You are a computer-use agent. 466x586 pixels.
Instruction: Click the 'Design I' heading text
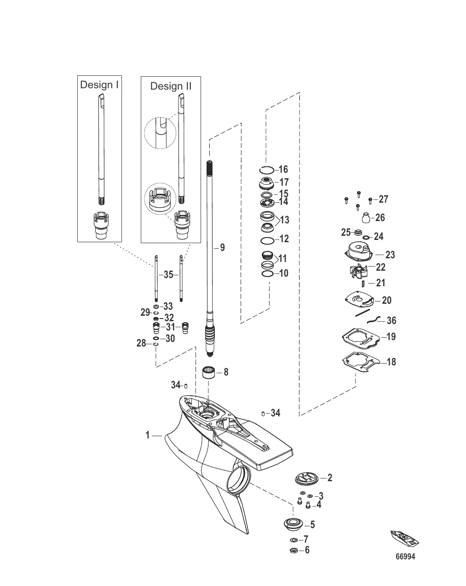[99, 85]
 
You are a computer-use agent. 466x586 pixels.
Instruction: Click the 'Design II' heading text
[171, 86]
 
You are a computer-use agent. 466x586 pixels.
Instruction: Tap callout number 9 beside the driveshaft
[222, 248]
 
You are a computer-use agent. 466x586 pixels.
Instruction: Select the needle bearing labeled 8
[210, 372]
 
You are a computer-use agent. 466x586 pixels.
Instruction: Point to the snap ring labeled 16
[268, 170]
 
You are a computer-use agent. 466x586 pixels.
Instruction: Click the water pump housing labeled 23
[360, 253]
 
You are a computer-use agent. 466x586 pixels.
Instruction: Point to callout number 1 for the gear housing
[148, 435]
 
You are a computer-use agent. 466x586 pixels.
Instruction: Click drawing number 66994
[405, 557]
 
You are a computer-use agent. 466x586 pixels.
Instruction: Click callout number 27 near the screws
[383, 199]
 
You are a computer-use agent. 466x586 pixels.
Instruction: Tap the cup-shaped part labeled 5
[292, 524]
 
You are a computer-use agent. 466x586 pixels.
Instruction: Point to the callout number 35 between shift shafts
[168, 275]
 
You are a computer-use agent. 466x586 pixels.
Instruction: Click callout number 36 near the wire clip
[391, 320]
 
